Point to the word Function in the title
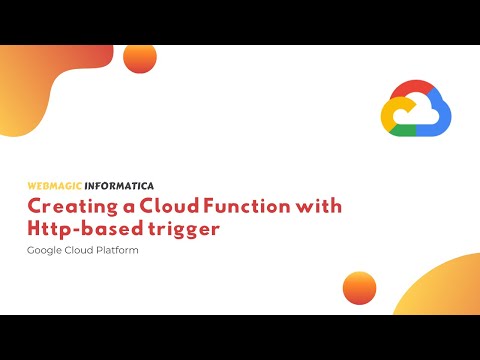click(x=251, y=207)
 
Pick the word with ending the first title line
click(x=320, y=207)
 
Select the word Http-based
click(x=81, y=229)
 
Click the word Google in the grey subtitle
click(x=45, y=249)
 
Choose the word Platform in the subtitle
click(x=117, y=249)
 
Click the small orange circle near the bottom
click(x=358, y=287)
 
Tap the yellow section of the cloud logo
click(x=388, y=113)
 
